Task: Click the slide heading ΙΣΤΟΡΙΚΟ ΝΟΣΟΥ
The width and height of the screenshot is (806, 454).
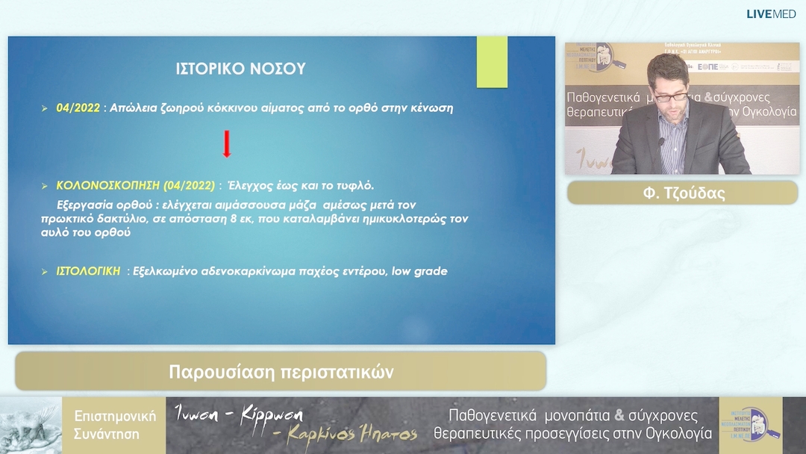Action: pos(240,69)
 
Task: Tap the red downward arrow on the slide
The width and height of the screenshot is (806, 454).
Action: pos(226,144)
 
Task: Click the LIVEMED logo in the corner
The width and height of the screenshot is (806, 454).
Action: pos(771,14)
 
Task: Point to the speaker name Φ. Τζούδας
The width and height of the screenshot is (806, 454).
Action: pos(684,193)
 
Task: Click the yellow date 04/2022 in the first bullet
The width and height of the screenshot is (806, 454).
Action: pos(78,108)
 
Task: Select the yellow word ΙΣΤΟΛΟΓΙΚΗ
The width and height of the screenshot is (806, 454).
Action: pos(88,271)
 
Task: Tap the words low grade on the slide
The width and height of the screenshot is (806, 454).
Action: pos(420,271)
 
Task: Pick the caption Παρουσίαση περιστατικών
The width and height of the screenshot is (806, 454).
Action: pos(281,371)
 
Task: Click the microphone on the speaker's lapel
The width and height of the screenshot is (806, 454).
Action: pos(660,140)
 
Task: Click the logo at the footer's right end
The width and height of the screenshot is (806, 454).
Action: pos(749,425)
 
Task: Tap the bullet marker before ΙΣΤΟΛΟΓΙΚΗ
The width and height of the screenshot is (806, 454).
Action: pos(45,272)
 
